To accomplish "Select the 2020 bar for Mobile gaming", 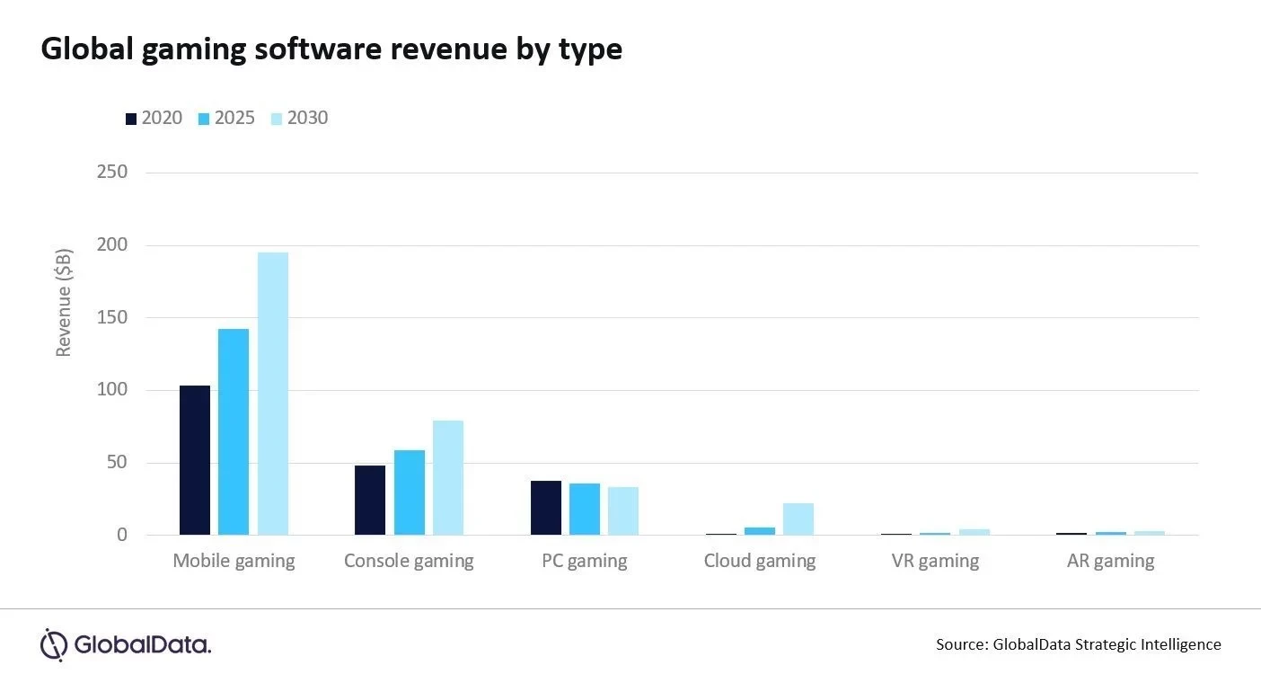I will [x=195, y=460].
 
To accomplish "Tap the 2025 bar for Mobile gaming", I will [x=234, y=432].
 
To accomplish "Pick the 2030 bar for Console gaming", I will [x=448, y=478].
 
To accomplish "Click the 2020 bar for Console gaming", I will [x=370, y=501].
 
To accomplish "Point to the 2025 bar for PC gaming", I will [x=585, y=510].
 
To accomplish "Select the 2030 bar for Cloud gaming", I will [x=798, y=519].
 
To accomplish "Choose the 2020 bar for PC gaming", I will [x=546, y=509].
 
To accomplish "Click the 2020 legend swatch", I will [x=131, y=119].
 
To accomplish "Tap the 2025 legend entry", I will [x=226, y=118].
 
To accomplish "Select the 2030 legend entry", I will [x=299, y=118].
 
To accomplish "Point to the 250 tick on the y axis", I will [x=112, y=172].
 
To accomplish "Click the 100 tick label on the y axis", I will [x=112, y=390].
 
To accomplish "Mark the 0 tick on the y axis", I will [x=122, y=536].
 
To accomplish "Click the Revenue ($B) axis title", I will [x=64, y=303].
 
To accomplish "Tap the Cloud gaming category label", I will [x=760, y=562].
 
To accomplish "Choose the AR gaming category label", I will [x=1110, y=562].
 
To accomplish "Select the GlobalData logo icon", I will [x=54, y=644].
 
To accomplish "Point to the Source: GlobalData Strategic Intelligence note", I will [x=1078, y=644].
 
